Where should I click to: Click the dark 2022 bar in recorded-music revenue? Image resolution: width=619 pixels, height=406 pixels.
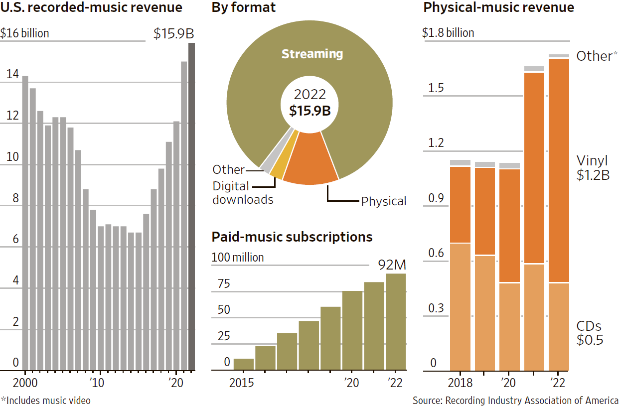tap(191, 207)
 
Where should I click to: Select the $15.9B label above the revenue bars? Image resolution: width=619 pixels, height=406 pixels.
tap(173, 34)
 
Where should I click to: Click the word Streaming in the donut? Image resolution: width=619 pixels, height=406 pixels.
tap(312, 54)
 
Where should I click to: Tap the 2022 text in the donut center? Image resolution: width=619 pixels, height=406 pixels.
tap(309, 95)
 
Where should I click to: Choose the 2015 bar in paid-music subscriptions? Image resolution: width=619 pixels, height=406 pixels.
tap(244, 365)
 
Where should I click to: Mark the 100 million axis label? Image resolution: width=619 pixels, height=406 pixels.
tap(238, 258)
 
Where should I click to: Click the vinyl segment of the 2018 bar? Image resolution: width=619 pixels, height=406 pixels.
tap(461, 204)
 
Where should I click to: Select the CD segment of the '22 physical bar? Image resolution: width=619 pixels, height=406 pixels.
tap(559, 326)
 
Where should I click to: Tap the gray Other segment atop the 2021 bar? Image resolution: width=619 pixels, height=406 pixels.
tap(534, 69)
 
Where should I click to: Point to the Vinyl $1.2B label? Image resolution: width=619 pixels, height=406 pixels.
tap(593, 168)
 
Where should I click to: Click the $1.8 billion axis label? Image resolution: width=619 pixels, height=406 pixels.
tap(448, 33)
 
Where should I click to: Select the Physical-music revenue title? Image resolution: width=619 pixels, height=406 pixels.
tap(498, 8)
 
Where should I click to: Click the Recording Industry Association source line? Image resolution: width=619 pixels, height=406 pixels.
tap(515, 400)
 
